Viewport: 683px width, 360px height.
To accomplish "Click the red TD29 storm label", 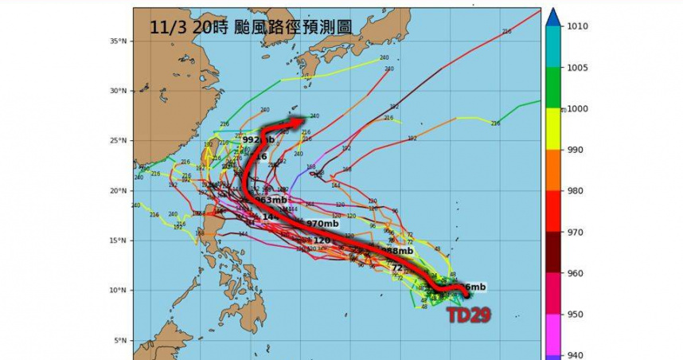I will (468, 315).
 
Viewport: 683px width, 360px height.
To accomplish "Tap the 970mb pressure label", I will (322, 224).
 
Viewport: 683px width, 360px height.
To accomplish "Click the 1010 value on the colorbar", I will (578, 26).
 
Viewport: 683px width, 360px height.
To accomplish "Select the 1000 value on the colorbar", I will (578, 108).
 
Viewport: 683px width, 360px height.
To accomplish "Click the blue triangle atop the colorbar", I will (553, 16).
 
